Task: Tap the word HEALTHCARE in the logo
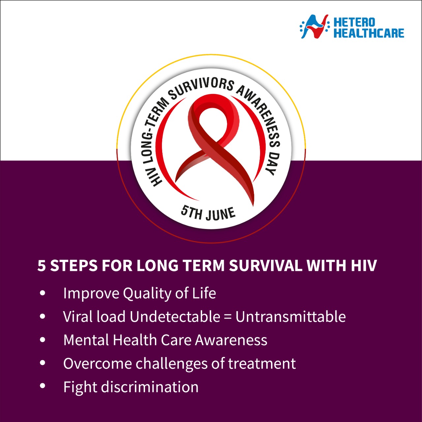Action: tap(369, 33)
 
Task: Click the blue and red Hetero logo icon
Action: tap(315, 26)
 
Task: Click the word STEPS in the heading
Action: tap(74, 266)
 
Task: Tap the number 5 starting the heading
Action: tap(42, 266)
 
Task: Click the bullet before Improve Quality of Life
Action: tap(43, 293)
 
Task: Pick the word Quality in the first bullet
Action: tap(147, 294)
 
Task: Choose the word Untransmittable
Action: tap(290, 316)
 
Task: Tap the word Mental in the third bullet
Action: tap(86, 340)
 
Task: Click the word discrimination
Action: tap(150, 387)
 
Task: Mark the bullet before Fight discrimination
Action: tap(43, 387)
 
